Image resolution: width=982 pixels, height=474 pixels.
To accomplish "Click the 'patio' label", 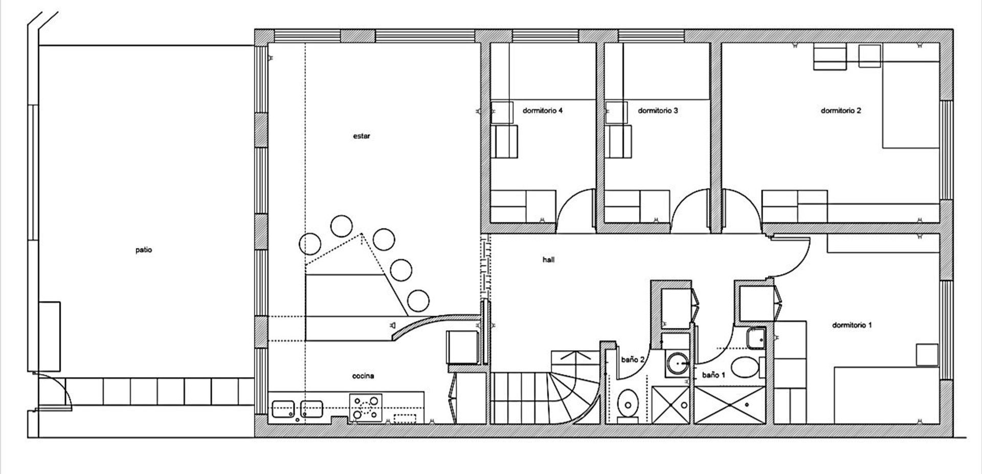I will click(144, 250).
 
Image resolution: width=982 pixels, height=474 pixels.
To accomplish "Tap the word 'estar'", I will click(362, 136).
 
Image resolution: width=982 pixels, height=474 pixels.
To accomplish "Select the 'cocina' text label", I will click(363, 376).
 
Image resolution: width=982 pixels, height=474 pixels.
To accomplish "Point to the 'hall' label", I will click(548, 260).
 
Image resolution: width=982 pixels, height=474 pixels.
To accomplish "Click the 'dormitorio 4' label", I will click(543, 111).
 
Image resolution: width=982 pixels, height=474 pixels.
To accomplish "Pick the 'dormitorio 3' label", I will click(658, 111).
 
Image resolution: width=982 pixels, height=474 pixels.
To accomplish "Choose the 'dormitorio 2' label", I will click(841, 111).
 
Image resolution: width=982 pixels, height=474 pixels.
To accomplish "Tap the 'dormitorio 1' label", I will click(852, 325).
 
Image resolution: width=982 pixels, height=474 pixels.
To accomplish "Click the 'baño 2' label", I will click(633, 359).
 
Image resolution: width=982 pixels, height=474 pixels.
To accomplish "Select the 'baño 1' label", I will click(713, 375).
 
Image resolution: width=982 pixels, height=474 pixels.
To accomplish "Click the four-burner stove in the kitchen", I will click(366, 407).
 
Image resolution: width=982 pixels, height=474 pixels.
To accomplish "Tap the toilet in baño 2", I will click(627, 404).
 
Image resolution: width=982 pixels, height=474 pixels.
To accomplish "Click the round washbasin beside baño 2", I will click(678, 363).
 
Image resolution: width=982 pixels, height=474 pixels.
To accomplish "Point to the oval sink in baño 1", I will click(745, 367).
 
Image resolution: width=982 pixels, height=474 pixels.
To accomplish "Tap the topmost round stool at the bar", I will click(341, 225).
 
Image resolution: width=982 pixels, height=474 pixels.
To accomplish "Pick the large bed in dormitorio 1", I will click(886, 395).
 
